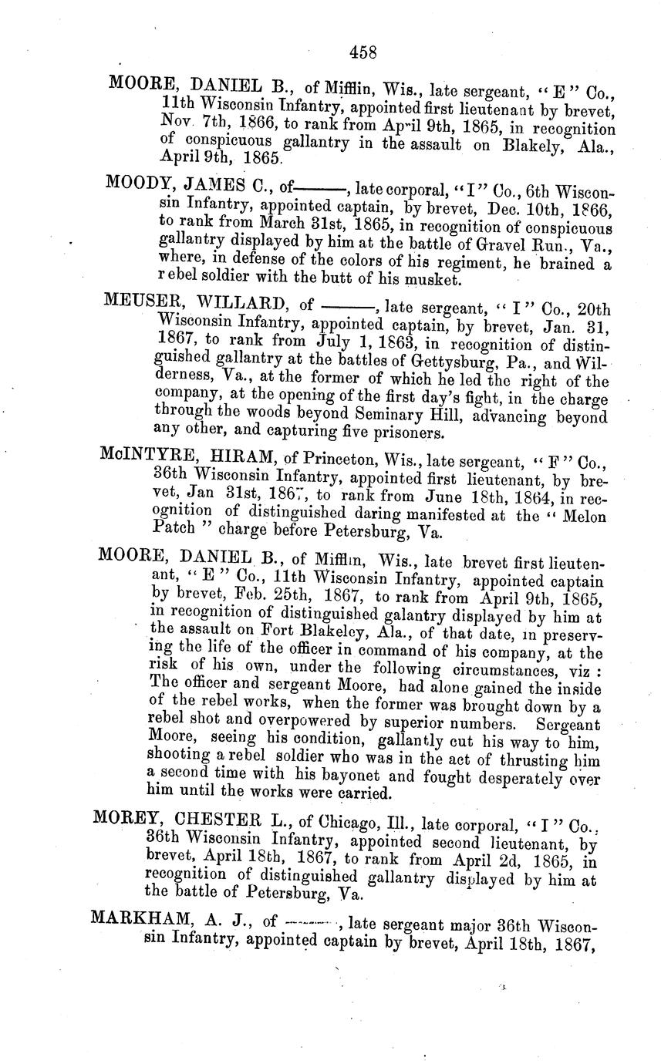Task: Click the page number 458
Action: point(363,52)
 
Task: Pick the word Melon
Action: point(582,515)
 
